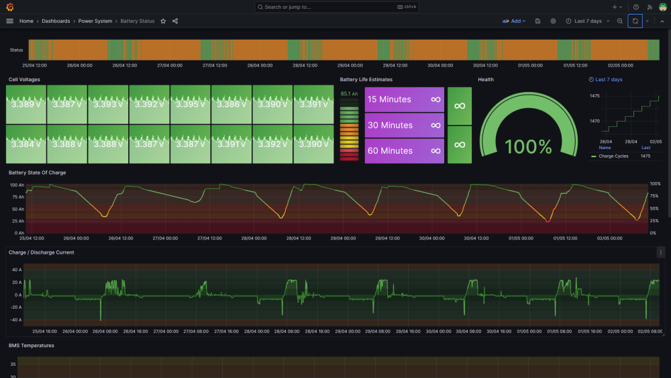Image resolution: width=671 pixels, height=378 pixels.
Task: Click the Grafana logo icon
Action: [x=10, y=7]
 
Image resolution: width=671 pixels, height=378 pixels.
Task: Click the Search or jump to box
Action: [x=336, y=7]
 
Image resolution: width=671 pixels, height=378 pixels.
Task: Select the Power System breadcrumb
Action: [x=95, y=21]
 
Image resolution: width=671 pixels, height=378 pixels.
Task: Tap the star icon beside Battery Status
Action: [x=163, y=21]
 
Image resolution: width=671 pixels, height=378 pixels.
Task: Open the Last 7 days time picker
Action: [x=588, y=21]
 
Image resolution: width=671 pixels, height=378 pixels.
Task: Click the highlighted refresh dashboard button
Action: [x=635, y=21]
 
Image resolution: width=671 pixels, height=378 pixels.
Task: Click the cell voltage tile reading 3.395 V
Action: [x=191, y=105]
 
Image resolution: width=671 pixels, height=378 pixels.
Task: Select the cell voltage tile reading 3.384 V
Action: [x=26, y=144]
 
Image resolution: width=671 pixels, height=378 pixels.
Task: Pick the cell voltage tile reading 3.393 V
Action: [x=108, y=105]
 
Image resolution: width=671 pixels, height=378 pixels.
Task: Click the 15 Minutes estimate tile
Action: [x=404, y=99]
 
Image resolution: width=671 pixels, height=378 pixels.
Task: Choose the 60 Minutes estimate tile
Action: [x=404, y=150]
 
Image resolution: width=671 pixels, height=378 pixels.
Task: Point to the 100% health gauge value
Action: [x=528, y=147]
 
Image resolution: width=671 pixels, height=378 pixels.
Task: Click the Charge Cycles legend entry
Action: [x=613, y=156]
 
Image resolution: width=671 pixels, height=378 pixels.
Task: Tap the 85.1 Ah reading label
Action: [x=349, y=94]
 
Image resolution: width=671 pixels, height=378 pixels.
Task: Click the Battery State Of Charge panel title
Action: [x=37, y=173]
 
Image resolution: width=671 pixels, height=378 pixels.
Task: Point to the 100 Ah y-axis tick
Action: [x=17, y=185]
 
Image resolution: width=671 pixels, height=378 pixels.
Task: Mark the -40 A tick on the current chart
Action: [x=17, y=320]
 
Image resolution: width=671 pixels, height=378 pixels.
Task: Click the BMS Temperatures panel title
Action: [x=32, y=346]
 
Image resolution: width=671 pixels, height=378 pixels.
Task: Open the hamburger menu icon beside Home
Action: [x=10, y=21]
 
